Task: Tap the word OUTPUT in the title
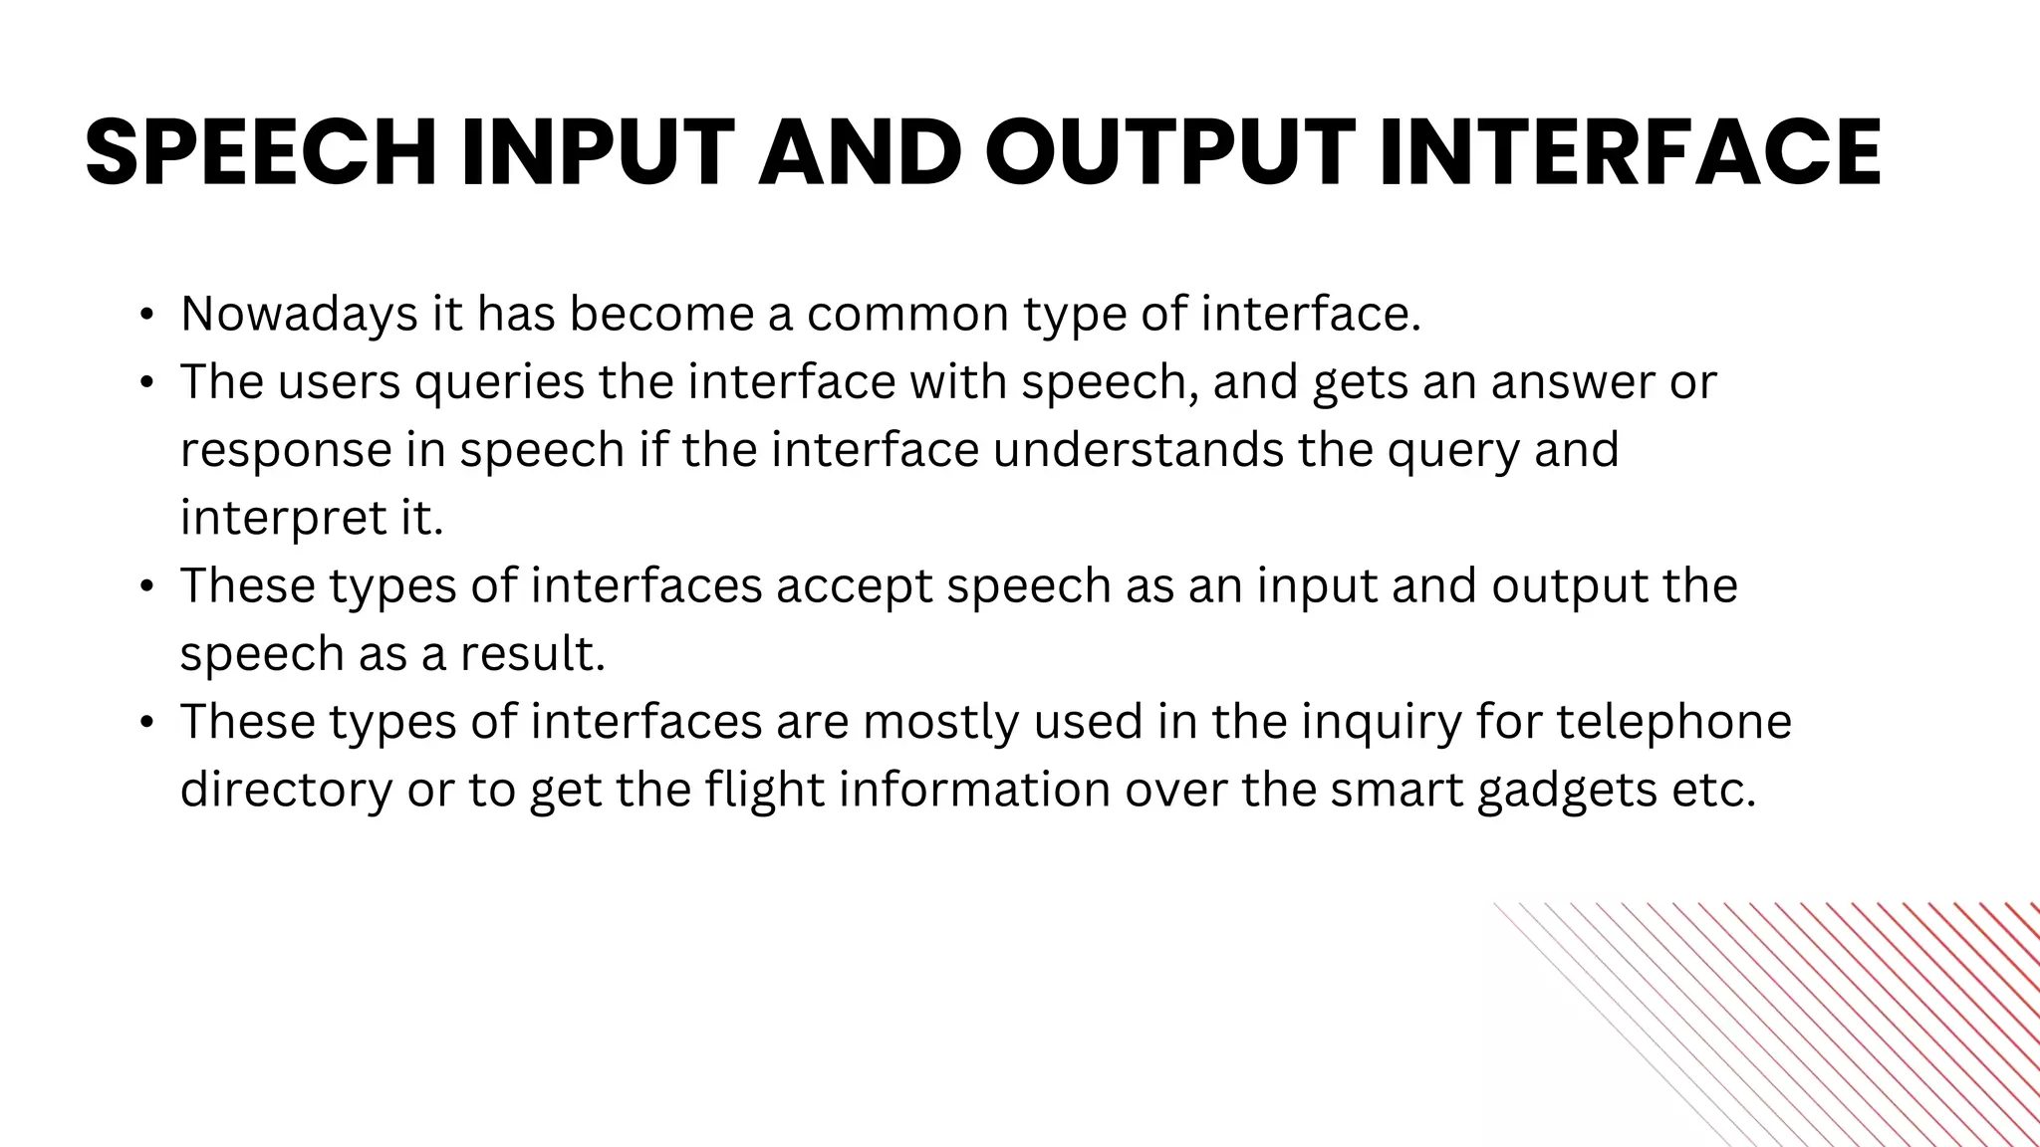(1170, 152)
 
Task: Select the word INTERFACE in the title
(1631, 152)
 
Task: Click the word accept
(854, 586)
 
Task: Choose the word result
(532, 654)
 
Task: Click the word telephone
(1673, 722)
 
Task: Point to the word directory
(286, 791)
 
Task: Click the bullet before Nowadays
(146, 317)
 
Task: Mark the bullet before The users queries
(146, 384)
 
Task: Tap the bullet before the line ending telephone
(146, 723)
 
